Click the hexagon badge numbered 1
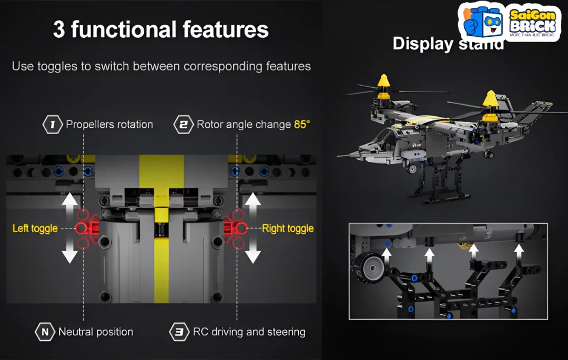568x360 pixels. point(53,125)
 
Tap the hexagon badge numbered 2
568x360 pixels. point(184,125)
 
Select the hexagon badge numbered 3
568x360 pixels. point(179,332)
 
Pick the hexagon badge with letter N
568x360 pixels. point(45,332)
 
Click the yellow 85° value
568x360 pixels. point(302,125)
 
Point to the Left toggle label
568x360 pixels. point(35,228)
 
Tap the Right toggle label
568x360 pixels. point(288,228)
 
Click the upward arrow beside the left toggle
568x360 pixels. point(69,206)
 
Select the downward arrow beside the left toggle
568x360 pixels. point(69,250)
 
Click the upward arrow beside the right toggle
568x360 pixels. point(253,206)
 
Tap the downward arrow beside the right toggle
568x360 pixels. point(253,250)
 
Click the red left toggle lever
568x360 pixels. point(87,228)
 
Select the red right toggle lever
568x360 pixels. point(236,228)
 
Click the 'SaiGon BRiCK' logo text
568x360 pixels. point(532,22)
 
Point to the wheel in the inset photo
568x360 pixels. point(370,268)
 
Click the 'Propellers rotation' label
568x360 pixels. point(109,125)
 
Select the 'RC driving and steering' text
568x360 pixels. point(249,332)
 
